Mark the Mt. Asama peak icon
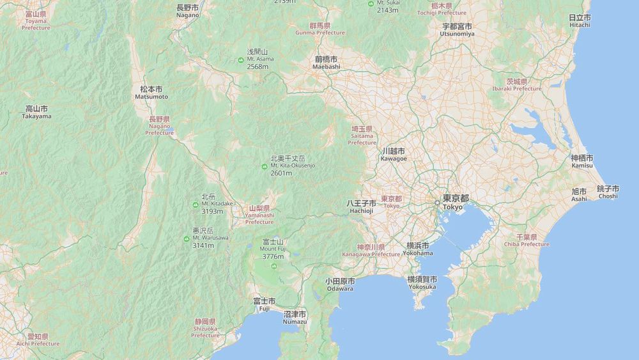241,59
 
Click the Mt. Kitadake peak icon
195,205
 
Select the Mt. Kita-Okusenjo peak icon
264,167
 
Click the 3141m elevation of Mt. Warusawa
203,246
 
